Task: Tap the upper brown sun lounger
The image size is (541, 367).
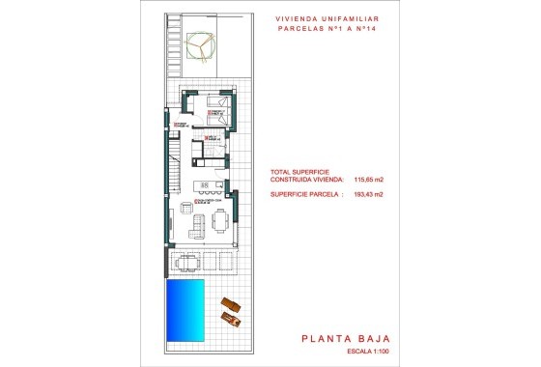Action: coord(228,303)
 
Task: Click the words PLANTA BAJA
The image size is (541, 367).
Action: coord(345,338)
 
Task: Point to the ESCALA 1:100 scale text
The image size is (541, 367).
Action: coord(364,353)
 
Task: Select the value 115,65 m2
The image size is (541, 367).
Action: coord(369,180)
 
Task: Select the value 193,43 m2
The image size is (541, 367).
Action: coord(369,195)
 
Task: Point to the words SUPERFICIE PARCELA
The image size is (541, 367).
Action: coord(301,195)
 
